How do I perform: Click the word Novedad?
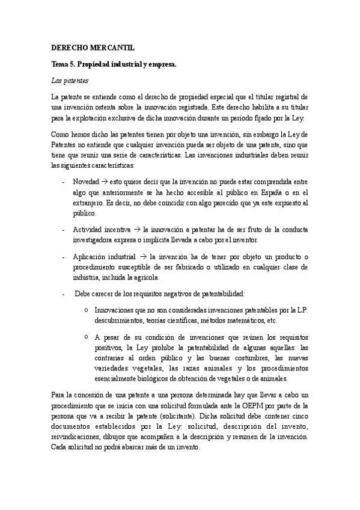86,181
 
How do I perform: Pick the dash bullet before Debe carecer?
64,293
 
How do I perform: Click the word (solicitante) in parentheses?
176,416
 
